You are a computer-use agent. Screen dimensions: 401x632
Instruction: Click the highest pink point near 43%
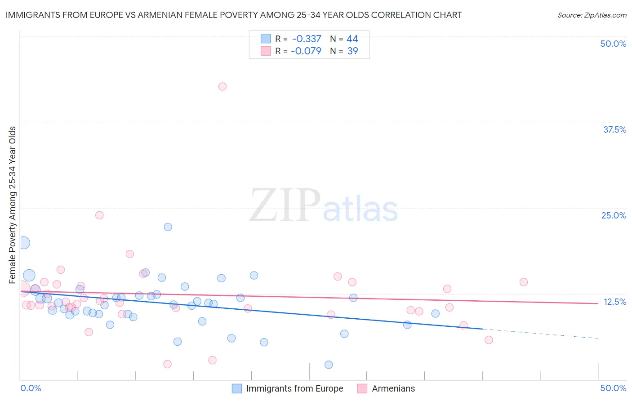click(x=222, y=86)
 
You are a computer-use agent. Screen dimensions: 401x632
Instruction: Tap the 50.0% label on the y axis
click(x=613, y=44)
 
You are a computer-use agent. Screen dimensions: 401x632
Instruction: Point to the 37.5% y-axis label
click(x=614, y=129)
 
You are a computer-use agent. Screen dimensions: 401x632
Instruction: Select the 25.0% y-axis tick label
click(x=614, y=215)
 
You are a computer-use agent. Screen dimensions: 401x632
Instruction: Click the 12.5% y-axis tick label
click(x=614, y=302)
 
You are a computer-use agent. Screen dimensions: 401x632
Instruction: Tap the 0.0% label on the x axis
click(x=31, y=388)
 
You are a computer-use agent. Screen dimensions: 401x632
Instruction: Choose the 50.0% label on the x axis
click(x=613, y=388)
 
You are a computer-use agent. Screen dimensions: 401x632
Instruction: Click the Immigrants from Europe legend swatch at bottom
click(x=237, y=388)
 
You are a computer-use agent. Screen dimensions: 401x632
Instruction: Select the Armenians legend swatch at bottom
click(x=362, y=388)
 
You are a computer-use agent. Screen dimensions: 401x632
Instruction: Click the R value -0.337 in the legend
click(x=306, y=39)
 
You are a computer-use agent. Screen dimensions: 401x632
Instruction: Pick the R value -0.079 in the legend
click(x=306, y=51)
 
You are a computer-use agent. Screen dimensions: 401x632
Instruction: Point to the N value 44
click(x=352, y=39)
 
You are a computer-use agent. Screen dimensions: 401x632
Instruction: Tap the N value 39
click(x=352, y=51)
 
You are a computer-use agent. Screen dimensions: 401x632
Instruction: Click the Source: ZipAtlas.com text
click(x=592, y=15)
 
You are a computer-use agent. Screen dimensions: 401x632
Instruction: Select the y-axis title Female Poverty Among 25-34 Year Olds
click(x=13, y=205)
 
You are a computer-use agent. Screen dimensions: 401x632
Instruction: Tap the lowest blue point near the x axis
click(x=329, y=365)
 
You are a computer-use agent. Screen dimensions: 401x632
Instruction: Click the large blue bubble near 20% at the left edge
click(x=23, y=243)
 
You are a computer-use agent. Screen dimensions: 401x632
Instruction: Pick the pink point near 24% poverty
click(x=99, y=215)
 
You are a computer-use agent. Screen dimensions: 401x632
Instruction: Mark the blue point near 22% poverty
click(x=168, y=227)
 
